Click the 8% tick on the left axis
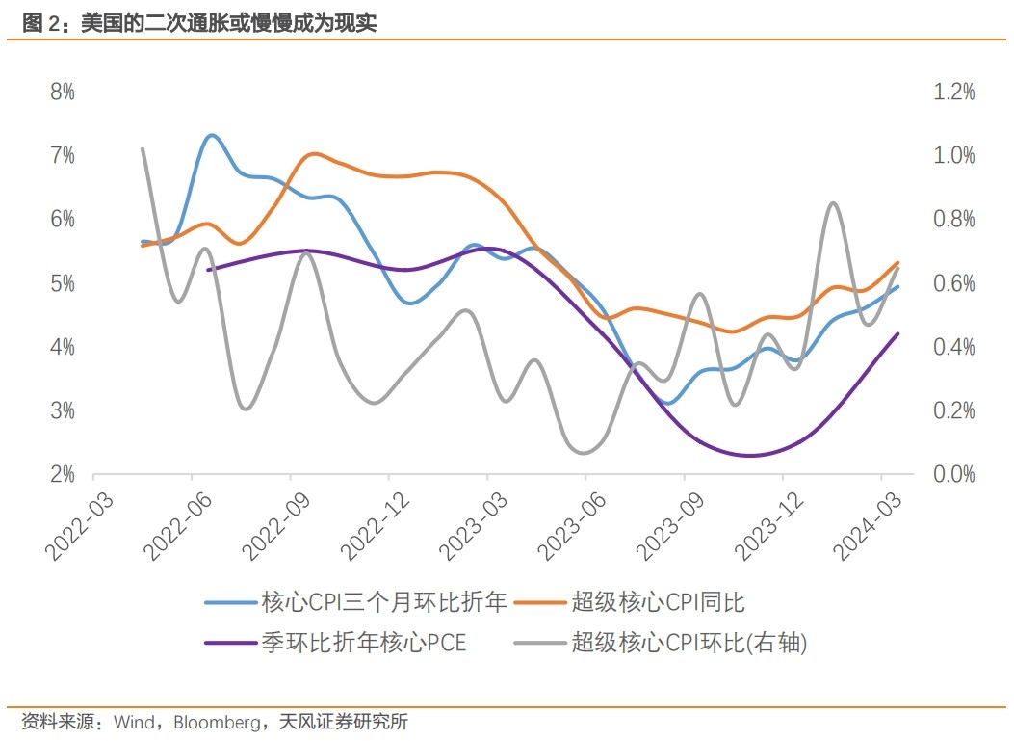(63, 93)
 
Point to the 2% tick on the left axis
(63, 474)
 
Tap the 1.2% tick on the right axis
(953, 93)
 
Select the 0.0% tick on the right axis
(953, 474)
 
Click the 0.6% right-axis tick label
(953, 283)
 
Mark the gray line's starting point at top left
(143, 149)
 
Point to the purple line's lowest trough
(749, 456)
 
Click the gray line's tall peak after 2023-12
(832, 203)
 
